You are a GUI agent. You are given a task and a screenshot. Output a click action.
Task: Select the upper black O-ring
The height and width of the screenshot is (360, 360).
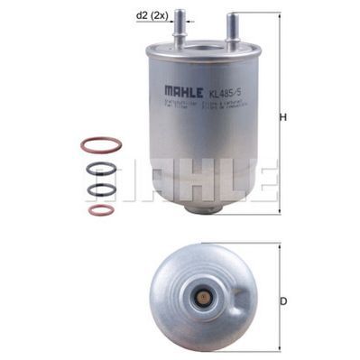tap(102, 168)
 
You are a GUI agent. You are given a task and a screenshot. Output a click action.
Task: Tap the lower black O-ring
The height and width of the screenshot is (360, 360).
tap(102, 189)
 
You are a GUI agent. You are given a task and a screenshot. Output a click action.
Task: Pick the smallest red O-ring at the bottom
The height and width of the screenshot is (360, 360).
tap(102, 210)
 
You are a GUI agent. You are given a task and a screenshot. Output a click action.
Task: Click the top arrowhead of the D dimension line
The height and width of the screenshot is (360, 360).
tap(279, 245)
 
